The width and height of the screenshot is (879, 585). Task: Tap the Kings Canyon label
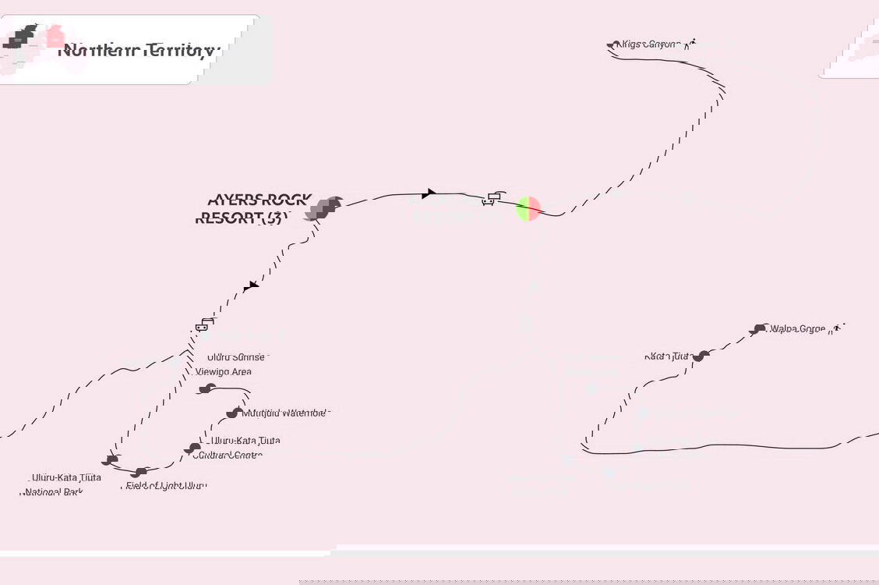point(648,44)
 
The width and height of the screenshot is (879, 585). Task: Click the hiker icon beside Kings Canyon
point(688,44)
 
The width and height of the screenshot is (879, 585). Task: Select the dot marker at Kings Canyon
point(612,45)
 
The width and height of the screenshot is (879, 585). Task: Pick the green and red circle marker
point(528,208)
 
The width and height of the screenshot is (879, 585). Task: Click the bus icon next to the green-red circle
point(489,199)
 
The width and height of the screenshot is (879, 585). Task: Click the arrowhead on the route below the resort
point(249,287)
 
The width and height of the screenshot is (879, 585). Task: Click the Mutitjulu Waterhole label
point(285,413)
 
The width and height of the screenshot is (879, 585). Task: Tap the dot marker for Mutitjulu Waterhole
point(233,413)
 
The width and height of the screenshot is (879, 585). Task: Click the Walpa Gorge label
point(797,329)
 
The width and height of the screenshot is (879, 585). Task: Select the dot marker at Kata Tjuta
point(701,356)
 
